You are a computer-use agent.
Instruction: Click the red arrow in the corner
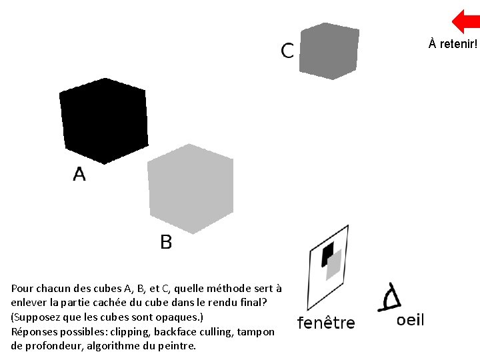coord(466,21)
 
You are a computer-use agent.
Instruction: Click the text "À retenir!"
coord(453,45)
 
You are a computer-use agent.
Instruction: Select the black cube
coord(103,121)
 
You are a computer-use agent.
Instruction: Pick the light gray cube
coord(190,188)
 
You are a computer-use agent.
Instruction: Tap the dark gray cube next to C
coord(329,51)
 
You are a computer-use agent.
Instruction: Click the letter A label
coord(79,175)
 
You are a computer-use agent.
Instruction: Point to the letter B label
coord(166,242)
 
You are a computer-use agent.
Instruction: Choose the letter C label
coord(287,51)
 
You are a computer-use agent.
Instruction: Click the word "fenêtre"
coord(326,323)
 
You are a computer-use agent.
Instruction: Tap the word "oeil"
coord(410,321)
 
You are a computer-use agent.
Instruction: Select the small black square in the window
coord(327,253)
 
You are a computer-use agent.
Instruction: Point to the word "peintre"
coord(179,347)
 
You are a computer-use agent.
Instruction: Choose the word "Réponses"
coord(33,332)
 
